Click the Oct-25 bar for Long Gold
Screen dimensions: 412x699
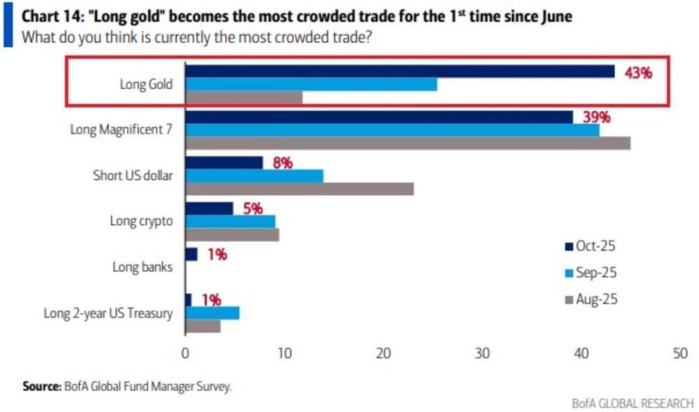click(399, 72)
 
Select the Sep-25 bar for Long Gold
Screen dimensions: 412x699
click(311, 85)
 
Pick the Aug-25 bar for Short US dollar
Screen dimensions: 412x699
click(299, 189)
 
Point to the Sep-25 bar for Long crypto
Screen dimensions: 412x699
click(230, 222)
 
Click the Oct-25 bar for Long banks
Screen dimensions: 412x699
click(191, 254)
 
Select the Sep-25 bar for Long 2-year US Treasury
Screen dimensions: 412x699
click(212, 313)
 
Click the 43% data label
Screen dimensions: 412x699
click(638, 72)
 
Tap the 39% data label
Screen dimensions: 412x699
click(596, 117)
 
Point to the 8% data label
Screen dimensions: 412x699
click(283, 162)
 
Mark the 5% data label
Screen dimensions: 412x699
click(253, 208)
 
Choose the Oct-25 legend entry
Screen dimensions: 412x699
click(590, 246)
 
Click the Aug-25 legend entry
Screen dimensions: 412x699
click(590, 299)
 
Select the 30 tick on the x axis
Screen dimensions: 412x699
click(483, 354)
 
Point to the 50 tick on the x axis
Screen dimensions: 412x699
click(680, 354)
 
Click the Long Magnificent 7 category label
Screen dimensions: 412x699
click(122, 130)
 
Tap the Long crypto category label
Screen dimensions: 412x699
click(141, 221)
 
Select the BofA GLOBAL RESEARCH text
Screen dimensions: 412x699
click(633, 403)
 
